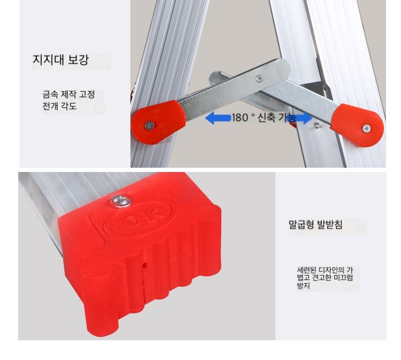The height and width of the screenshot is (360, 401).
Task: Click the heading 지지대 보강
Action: click(60, 59)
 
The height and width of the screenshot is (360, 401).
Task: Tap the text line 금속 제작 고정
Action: click(68, 95)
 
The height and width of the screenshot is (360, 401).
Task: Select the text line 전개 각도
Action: click(59, 106)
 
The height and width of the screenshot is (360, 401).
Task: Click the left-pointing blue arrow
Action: click(218, 118)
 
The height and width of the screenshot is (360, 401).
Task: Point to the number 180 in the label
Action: click(240, 118)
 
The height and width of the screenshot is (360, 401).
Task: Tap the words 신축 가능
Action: click(277, 118)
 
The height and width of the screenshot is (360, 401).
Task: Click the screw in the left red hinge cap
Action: click(149, 126)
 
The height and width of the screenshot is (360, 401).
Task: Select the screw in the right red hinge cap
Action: click(366, 129)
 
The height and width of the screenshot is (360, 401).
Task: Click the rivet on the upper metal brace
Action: click(259, 78)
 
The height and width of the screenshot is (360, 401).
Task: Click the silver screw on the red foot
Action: click(121, 200)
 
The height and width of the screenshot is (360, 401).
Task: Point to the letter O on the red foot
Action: click(132, 220)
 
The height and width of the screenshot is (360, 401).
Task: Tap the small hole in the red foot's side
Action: click(145, 265)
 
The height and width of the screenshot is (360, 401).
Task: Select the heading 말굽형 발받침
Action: click(315, 224)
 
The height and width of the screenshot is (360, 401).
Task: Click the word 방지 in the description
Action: click(304, 285)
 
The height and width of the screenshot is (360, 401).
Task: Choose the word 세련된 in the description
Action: click(307, 270)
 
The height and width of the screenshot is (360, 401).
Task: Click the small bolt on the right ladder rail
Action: click(318, 125)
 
